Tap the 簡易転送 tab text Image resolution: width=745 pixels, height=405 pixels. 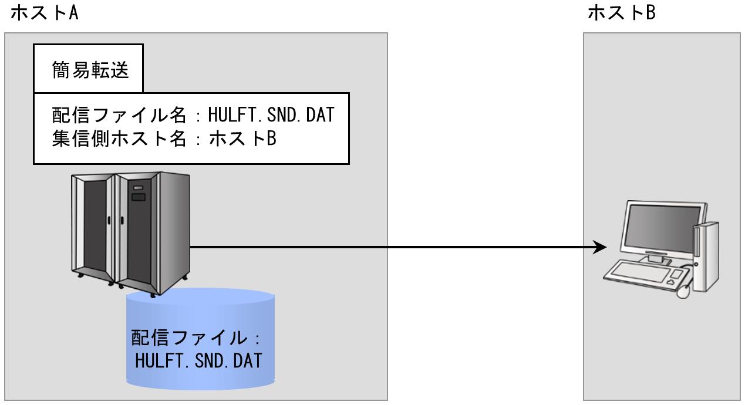[88, 73]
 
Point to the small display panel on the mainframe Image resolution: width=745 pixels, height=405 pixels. [139, 196]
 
